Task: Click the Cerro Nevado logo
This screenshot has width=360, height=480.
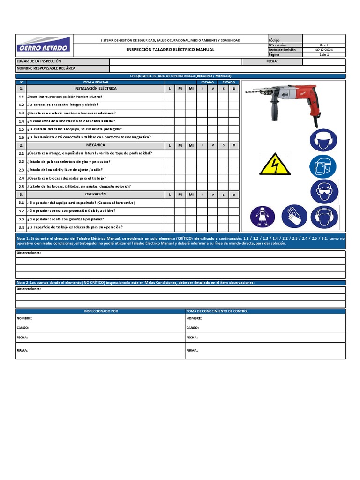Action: coord(44,45)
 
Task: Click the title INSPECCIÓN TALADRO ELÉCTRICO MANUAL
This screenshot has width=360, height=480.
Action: coord(171,49)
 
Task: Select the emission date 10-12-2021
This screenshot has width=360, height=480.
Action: coord(324,50)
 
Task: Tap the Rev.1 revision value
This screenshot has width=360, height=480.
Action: coord(324,45)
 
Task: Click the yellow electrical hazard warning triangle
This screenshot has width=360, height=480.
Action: coord(275,164)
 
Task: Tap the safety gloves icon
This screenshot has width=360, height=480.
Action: coord(294,216)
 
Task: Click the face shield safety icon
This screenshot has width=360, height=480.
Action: coord(323,166)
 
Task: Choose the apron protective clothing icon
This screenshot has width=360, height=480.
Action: coord(262,216)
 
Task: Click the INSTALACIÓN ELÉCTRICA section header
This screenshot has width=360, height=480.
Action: coord(96,88)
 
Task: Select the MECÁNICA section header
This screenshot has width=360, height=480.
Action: coord(96,145)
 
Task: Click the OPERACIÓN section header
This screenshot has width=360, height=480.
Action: coord(96,194)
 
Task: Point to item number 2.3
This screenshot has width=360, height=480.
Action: coord(21,170)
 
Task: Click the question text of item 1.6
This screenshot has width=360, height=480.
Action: coord(89,137)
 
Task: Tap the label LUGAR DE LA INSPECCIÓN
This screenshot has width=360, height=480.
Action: coord(39,61)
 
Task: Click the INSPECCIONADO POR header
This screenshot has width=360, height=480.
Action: coord(101,311)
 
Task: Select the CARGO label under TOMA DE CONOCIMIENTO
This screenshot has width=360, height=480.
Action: coord(192,328)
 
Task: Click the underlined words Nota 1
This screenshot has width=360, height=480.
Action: coord(23,238)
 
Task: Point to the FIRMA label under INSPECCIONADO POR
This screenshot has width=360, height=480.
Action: coord(22,350)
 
